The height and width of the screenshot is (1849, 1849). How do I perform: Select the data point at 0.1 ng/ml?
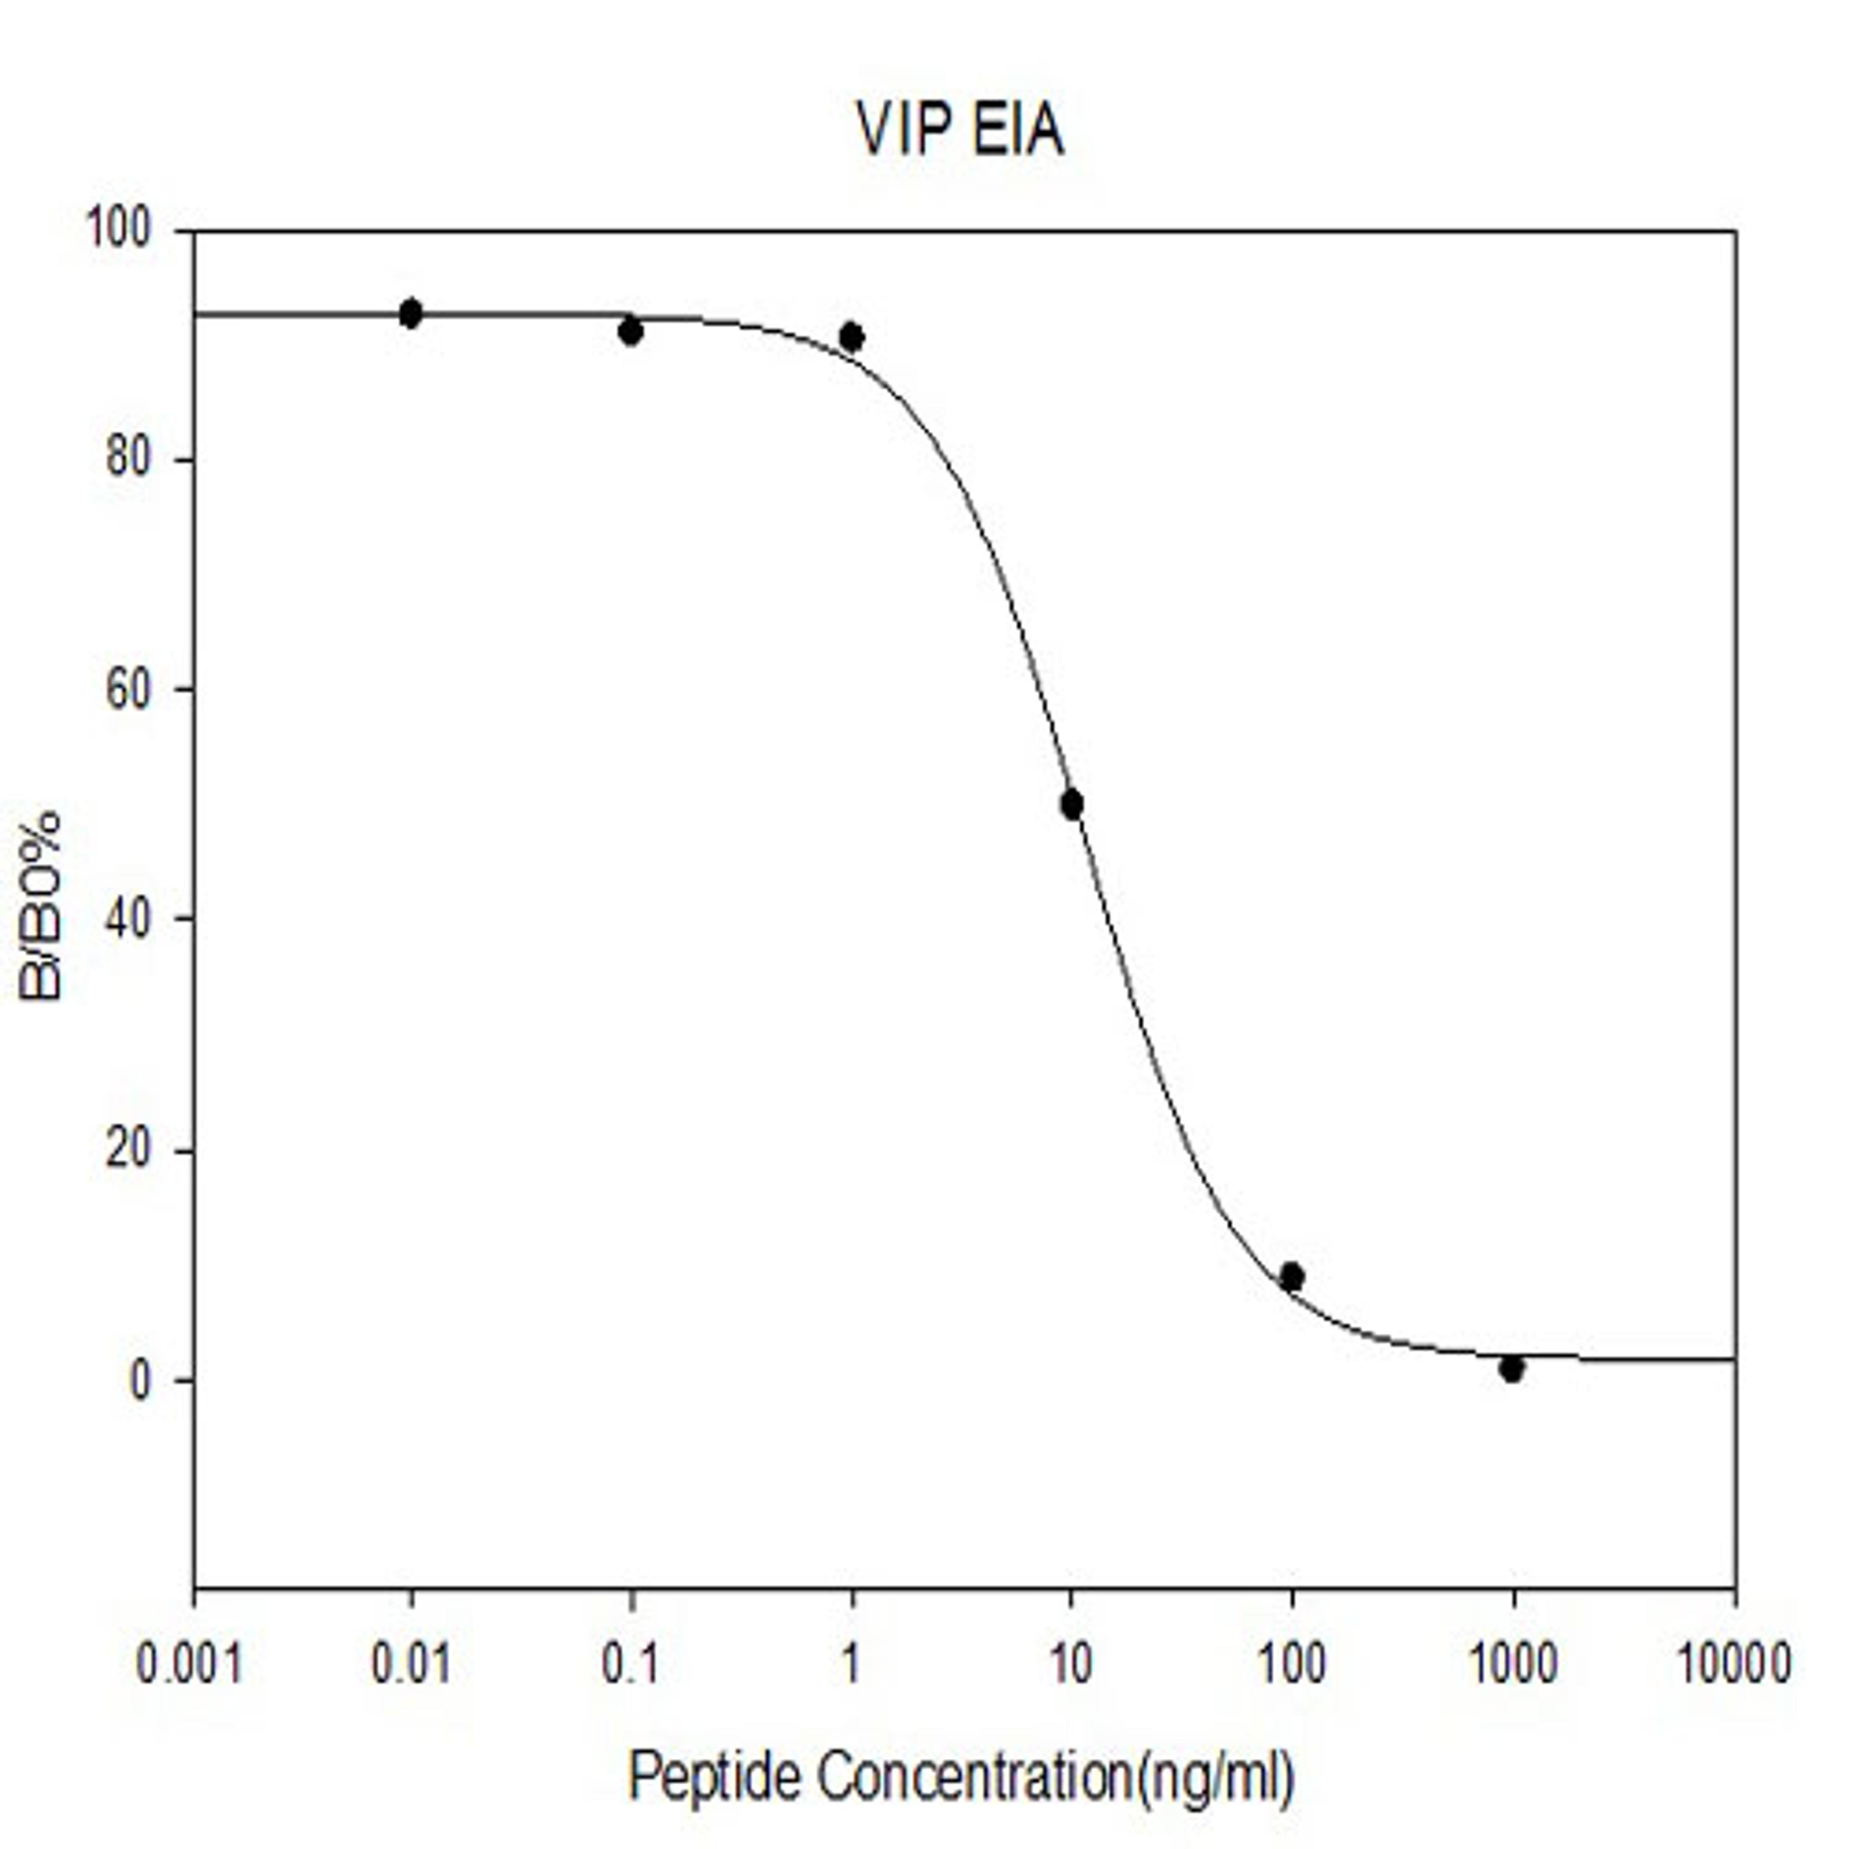(631, 331)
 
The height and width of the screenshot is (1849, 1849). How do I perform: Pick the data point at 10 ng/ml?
(1072, 805)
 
